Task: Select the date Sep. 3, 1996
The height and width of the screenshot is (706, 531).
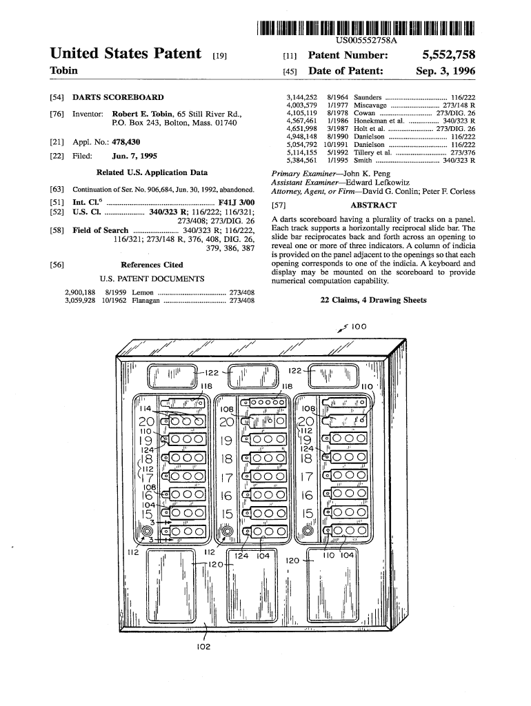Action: pos(445,71)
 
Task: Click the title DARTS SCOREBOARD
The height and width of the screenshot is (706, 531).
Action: pos(118,98)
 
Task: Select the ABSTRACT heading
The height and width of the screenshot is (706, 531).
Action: pos(373,205)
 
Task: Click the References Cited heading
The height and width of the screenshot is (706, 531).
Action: pos(152,264)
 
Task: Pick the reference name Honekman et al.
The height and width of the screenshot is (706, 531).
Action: pos(377,121)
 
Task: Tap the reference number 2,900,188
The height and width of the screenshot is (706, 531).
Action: pos(80,292)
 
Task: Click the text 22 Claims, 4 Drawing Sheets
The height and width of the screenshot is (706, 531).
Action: pos(373,300)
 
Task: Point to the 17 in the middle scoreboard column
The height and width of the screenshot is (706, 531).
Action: pos(227,478)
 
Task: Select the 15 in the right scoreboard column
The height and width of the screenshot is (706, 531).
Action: pos(308,514)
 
